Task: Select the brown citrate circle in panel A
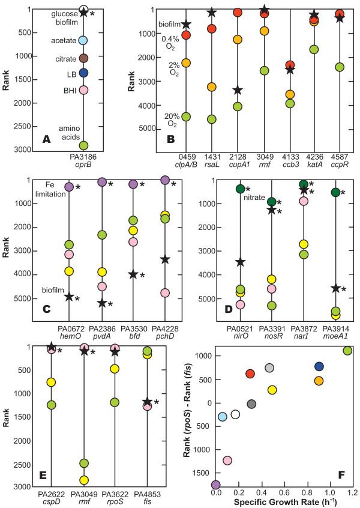coord(84,58)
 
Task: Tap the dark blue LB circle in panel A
coord(84,73)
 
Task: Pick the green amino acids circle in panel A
coord(84,145)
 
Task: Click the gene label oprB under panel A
coord(84,165)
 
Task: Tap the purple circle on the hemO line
coord(69,187)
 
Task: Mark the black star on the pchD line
coord(165,259)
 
